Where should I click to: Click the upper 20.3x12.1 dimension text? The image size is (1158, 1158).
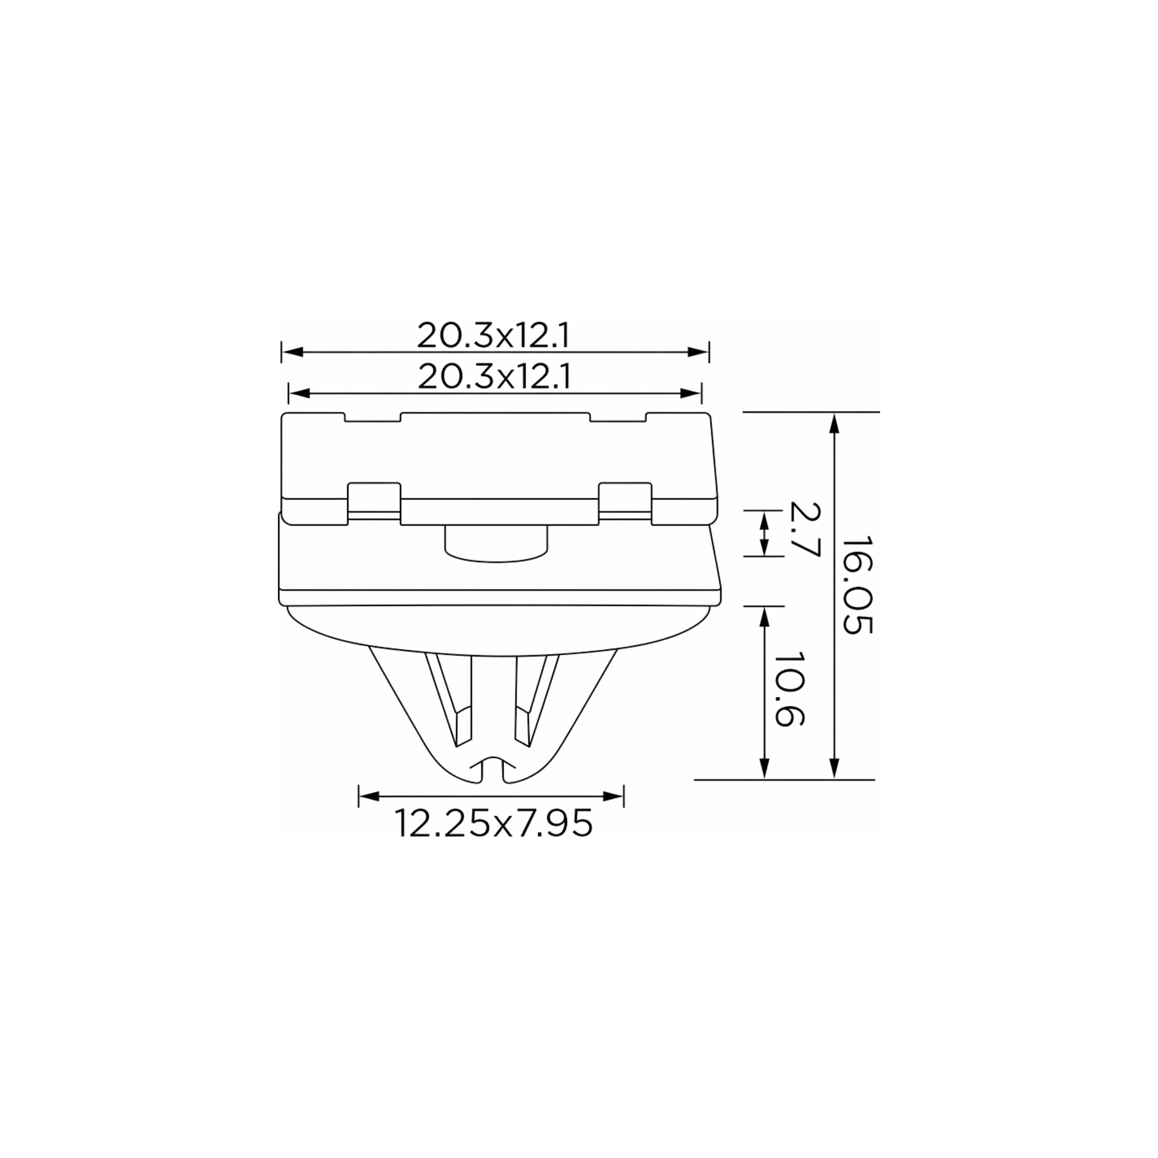(x=493, y=336)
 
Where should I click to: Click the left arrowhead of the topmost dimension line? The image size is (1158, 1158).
(x=292, y=352)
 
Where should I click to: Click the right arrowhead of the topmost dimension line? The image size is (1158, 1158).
(x=699, y=352)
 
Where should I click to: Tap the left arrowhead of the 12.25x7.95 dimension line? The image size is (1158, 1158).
(x=369, y=796)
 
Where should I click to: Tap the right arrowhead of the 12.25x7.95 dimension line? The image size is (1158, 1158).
(x=613, y=796)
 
